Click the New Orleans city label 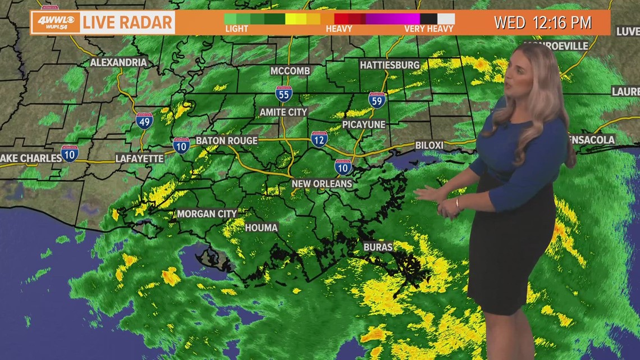[x=322, y=184]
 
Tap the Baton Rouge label [x=227, y=140]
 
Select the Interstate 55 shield [x=284, y=94]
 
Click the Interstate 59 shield [x=377, y=100]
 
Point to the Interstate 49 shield [x=144, y=120]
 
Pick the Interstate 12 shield [x=319, y=139]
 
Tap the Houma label [x=261, y=227]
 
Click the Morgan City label [x=207, y=213]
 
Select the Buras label [x=378, y=247]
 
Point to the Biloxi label [x=429, y=145]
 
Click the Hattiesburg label [x=390, y=65]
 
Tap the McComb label [x=290, y=71]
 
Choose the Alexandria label [x=118, y=62]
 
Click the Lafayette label [x=140, y=158]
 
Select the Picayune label [x=364, y=124]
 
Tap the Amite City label [x=284, y=112]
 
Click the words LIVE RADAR [x=127, y=23]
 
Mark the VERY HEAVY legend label [x=428, y=29]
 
